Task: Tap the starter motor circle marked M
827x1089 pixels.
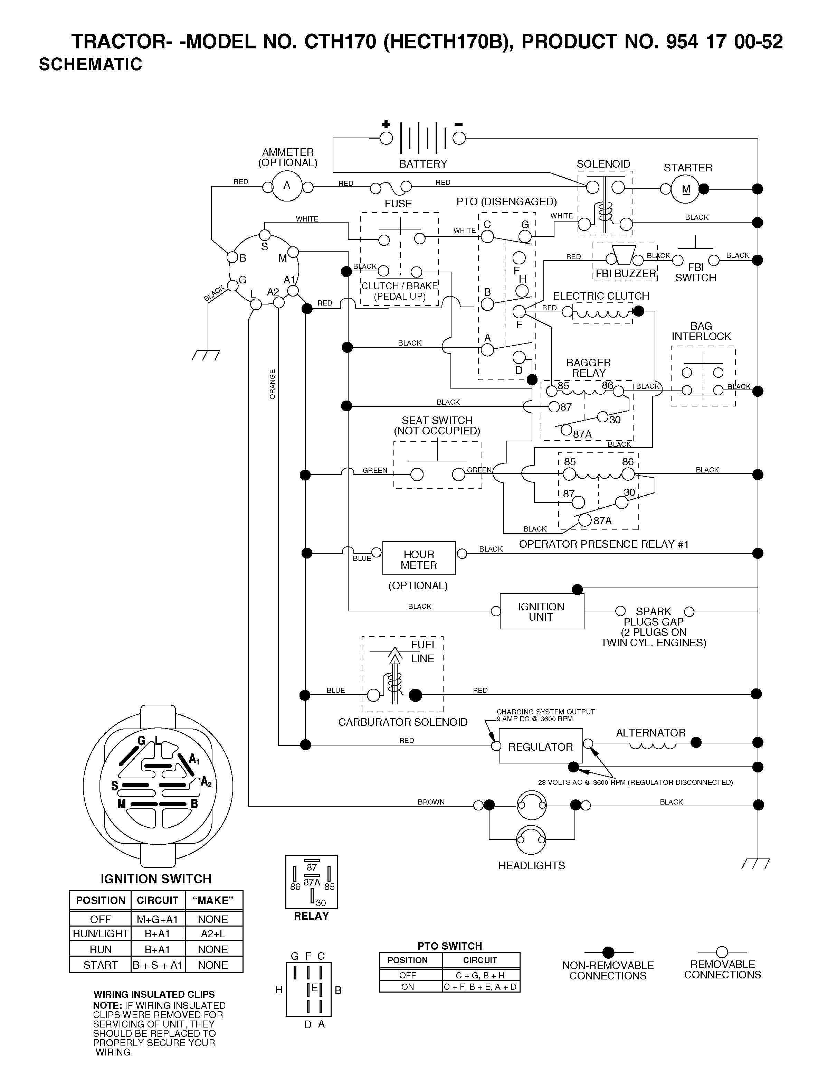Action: point(686,189)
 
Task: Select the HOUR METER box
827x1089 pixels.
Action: point(419,558)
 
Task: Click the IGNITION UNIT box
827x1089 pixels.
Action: point(542,611)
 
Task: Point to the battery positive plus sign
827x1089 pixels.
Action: point(386,124)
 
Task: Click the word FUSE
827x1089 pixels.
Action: point(398,204)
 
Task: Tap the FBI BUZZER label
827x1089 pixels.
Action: point(626,273)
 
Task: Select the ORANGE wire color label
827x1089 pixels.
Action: point(272,384)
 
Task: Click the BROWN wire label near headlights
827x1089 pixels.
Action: point(431,802)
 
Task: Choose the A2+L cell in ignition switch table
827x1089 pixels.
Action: point(213,933)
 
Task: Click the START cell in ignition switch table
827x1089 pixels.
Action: point(101,965)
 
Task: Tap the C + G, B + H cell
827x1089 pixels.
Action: point(481,975)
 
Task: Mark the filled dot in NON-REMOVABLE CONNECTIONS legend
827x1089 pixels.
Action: point(608,952)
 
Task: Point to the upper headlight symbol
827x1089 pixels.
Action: point(532,805)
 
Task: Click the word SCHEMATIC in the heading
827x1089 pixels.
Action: point(91,65)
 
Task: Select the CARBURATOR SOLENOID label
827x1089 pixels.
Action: point(403,722)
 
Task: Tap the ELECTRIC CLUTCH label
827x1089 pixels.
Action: point(601,296)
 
